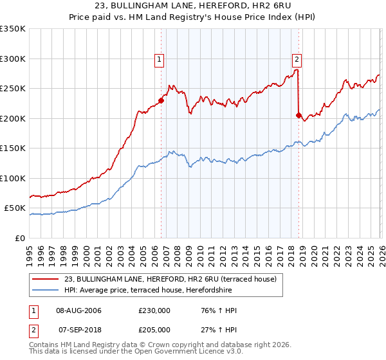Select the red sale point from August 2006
coord(161,100)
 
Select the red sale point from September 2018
coord(299,115)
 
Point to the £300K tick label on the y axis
coord(12,59)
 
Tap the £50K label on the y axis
coord(15,208)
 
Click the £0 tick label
coord(19,238)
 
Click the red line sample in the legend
coord(45,279)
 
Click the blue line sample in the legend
coord(45,289)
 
